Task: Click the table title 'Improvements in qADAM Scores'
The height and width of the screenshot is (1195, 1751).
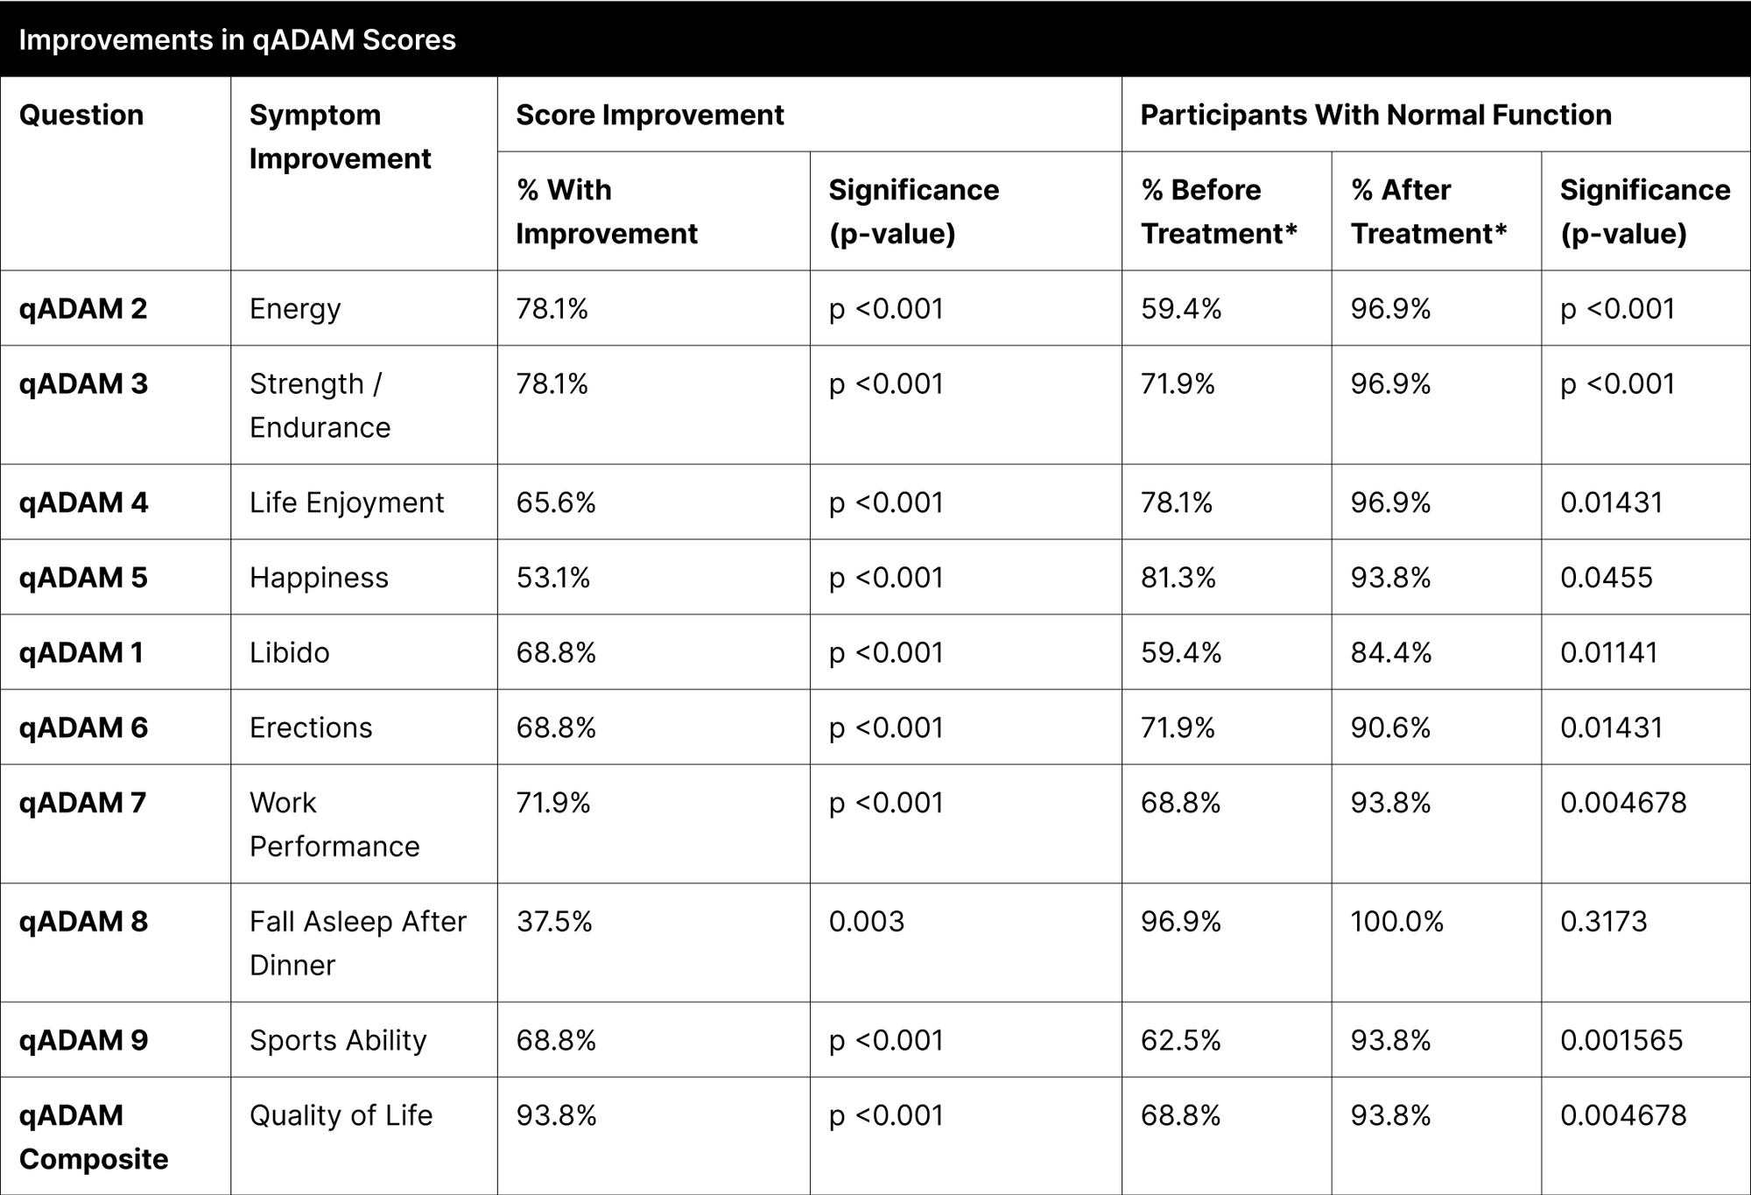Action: click(237, 40)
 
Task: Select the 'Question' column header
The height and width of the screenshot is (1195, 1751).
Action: click(81, 116)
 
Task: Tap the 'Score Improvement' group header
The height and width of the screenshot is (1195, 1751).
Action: click(650, 116)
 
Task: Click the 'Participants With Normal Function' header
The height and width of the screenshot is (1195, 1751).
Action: click(1375, 116)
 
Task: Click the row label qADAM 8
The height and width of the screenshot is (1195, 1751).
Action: click(83, 922)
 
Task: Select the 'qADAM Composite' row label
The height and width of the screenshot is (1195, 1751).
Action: click(94, 1137)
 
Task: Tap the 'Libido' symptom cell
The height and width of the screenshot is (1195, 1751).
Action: click(290, 653)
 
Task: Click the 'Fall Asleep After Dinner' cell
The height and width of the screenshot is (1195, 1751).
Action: click(358, 943)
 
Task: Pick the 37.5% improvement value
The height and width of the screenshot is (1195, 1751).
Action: click(554, 922)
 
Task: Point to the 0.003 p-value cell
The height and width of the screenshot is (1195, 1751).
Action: click(867, 922)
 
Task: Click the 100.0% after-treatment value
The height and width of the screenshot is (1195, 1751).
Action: click(1397, 922)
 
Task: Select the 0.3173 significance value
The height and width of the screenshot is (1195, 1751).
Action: click(1604, 922)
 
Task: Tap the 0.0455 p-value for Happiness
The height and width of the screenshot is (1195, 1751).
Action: click(1607, 578)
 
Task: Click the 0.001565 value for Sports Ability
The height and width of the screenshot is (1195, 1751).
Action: click(1621, 1040)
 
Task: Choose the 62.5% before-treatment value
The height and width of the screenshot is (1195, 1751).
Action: click(1181, 1040)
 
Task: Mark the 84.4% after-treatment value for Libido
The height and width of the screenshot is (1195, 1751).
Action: click(1391, 653)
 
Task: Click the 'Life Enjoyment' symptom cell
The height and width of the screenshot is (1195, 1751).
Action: click(347, 503)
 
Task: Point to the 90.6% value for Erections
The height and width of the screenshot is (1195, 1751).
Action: click(1391, 728)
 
